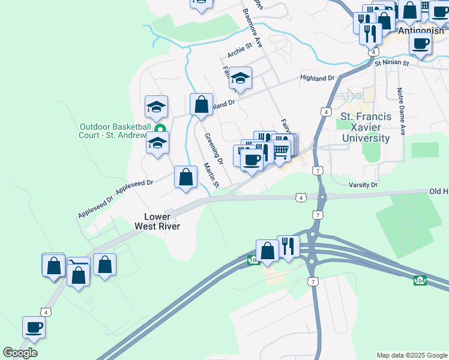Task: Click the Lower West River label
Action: [x=161, y=221]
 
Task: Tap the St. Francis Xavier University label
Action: [x=366, y=127]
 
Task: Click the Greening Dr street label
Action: [x=213, y=149]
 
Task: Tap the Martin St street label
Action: [x=211, y=175]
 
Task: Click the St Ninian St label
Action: [x=391, y=62]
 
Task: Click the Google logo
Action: [x=20, y=353]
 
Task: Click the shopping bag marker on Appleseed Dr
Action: [x=186, y=177]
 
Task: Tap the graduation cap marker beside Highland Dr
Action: [x=240, y=78]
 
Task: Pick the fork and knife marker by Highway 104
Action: [x=288, y=246]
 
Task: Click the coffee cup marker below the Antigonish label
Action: [x=420, y=43]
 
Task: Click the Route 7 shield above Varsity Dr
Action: [x=316, y=170]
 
